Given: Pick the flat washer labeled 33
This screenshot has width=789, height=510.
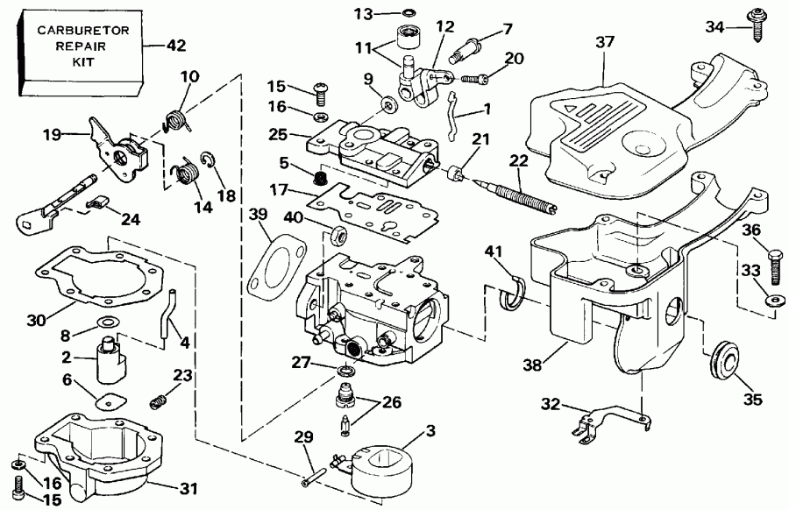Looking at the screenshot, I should coord(774,300).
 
